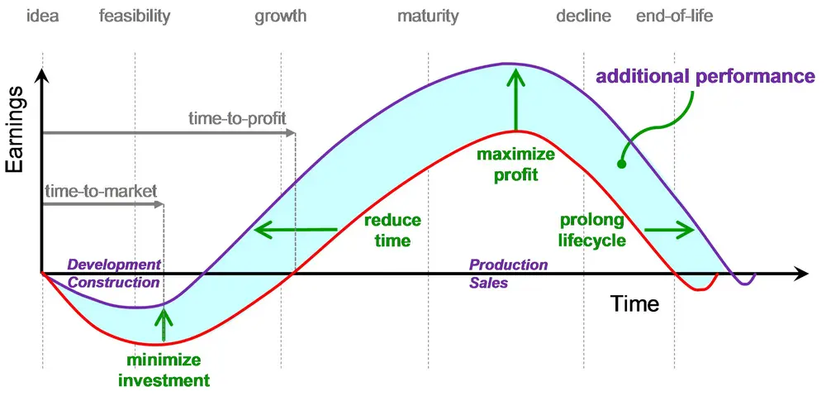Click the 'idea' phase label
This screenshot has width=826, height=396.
42,16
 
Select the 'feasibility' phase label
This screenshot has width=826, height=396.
135,16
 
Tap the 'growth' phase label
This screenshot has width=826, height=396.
280,16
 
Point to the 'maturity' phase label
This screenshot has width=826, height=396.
427,16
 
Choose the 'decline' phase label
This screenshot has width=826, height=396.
583,16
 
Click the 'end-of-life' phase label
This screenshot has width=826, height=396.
674,16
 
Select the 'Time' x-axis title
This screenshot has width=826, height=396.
635,303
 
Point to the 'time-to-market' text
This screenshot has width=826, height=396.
101,191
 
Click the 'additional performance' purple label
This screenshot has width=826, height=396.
705,77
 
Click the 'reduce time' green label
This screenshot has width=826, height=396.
392,231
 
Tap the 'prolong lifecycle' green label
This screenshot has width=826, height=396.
592,231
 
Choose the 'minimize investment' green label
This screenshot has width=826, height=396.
164,370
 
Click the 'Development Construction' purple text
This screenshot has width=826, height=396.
114,274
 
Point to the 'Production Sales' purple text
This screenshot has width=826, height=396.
508,274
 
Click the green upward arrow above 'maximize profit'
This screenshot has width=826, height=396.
515,99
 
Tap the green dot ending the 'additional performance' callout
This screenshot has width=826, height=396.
622,164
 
